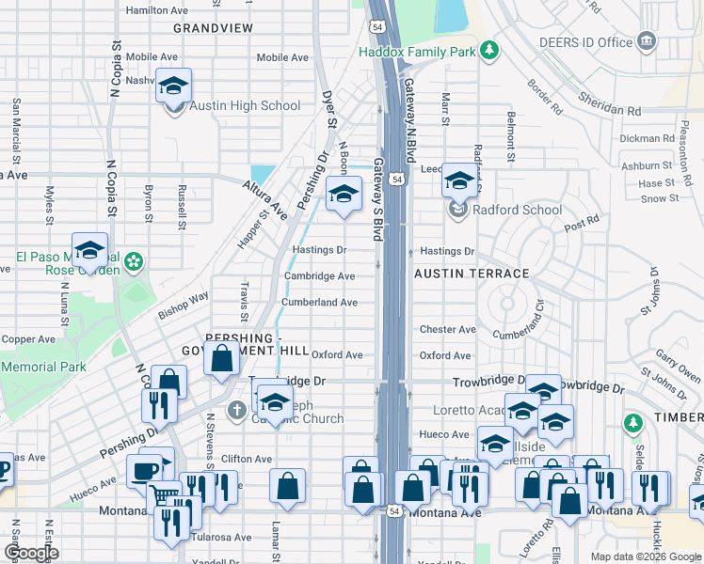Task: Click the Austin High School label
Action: [245, 106]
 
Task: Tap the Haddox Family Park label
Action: [417, 52]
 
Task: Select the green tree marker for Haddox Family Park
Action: [489, 50]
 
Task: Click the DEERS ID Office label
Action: [585, 42]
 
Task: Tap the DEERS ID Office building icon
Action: [646, 41]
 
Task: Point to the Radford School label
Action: [517, 210]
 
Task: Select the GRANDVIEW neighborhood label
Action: [213, 28]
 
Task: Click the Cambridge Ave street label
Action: [320, 276]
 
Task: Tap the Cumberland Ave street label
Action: [320, 303]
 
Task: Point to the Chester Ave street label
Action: [447, 330]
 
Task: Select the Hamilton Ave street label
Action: [156, 10]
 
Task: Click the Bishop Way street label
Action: [184, 305]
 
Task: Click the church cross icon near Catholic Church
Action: [236, 410]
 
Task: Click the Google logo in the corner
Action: [31, 553]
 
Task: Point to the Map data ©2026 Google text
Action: [645, 556]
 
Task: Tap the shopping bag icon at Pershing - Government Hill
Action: [221, 359]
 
